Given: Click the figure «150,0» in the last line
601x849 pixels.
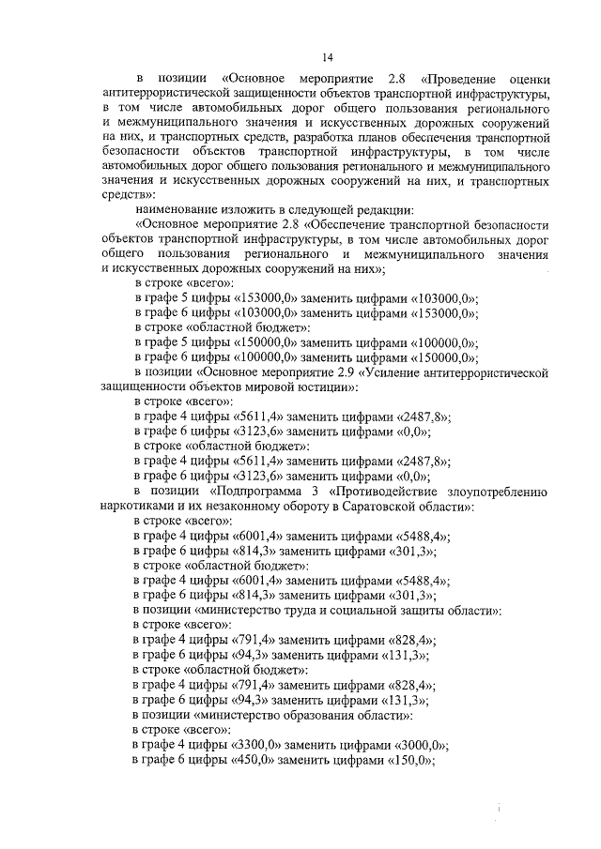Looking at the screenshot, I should [409, 760].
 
